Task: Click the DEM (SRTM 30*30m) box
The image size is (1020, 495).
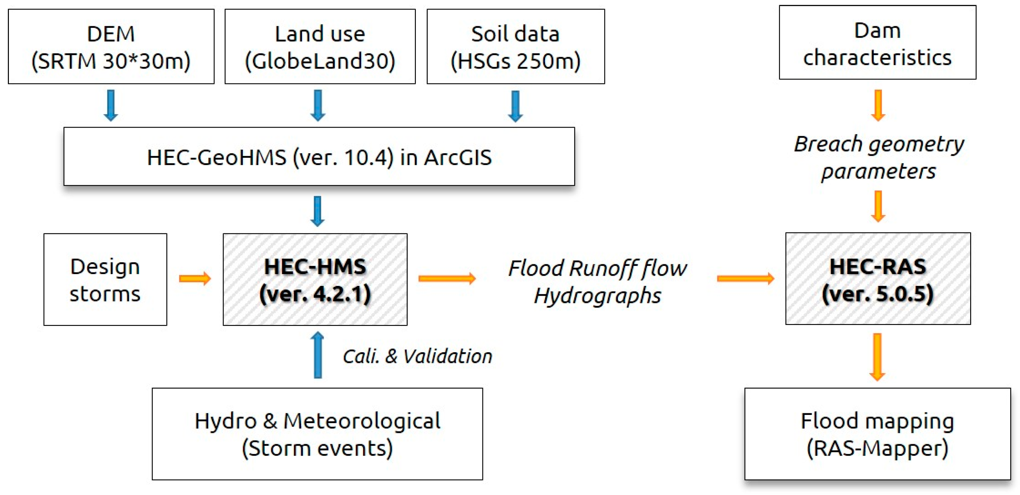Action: pos(111,46)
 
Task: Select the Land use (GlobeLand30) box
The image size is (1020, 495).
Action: pos(320,46)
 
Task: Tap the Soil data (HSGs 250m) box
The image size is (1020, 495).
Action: pos(516,46)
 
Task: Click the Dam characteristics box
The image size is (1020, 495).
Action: pos(877,42)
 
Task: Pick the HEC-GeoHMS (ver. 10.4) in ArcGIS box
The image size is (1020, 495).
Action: pos(319,157)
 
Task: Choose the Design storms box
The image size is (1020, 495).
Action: pos(105,279)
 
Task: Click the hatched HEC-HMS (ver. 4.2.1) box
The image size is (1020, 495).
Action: pos(315,279)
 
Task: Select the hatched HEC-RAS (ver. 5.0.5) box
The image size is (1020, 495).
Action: pos(878,279)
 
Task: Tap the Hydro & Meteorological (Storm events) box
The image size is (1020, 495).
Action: pos(317,434)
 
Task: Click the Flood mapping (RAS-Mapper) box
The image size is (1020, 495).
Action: pos(877,434)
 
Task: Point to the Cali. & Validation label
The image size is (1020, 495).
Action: pos(417,356)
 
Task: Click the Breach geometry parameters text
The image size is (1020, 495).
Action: pos(879,157)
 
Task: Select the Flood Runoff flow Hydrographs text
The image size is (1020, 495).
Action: pos(598,281)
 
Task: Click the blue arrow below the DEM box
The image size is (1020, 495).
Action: pos(111,105)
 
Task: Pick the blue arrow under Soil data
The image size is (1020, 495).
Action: pos(515,106)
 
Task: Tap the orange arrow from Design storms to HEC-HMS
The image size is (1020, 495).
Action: pos(195,279)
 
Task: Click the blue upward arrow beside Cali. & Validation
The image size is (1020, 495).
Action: pos(317,355)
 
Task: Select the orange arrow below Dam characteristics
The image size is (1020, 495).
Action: pos(878,105)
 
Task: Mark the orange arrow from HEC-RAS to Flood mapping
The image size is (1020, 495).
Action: pos(877,357)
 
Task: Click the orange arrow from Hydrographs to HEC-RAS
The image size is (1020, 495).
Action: pos(745,279)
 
